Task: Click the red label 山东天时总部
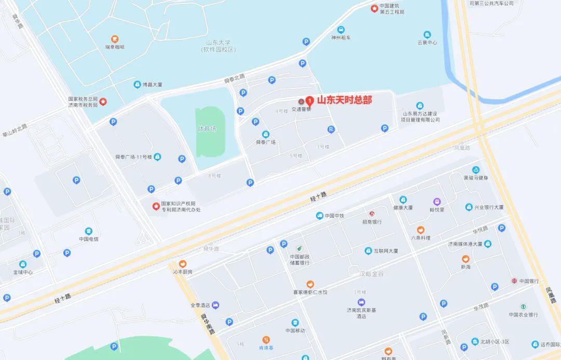click(344, 100)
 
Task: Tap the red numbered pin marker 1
click(310, 100)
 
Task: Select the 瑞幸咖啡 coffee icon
click(115, 39)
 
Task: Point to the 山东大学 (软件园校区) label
click(219, 46)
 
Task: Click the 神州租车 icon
click(341, 30)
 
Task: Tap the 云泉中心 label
click(427, 43)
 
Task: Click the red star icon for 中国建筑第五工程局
click(374, 8)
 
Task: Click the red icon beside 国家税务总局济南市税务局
click(103, 101)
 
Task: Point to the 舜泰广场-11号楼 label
click(133, 157)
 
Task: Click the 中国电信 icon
click(89, 231)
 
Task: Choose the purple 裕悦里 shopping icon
click(437, 202)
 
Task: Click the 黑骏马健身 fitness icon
click(475, 170)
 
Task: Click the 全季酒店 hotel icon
click(216, 305)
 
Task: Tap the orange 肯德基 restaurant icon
click(265, 340)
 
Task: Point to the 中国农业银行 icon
click(523, 306)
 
